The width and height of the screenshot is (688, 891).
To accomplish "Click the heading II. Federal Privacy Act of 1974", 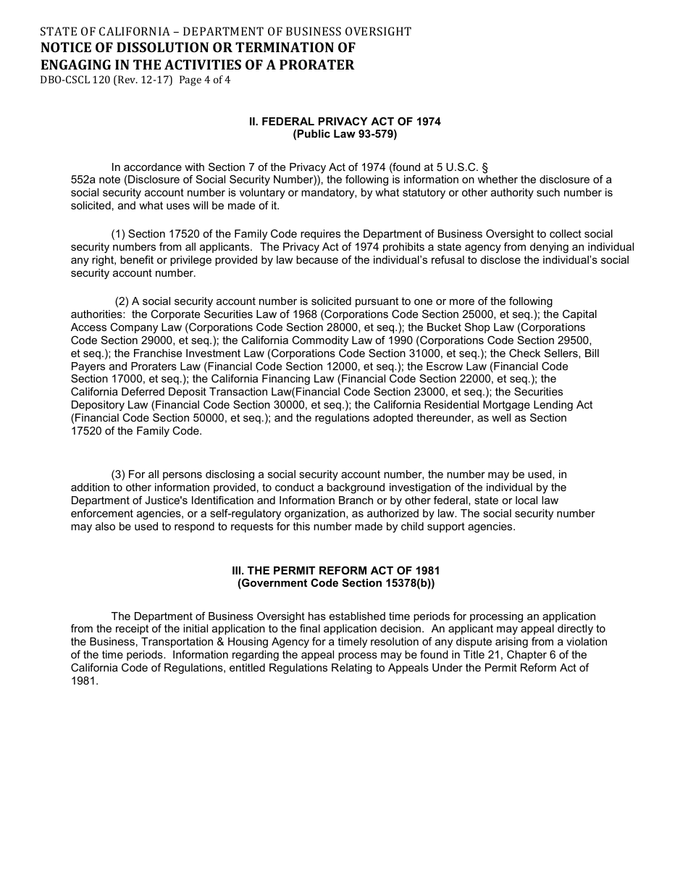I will [345, 122].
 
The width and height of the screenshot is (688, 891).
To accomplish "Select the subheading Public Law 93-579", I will [345, 134].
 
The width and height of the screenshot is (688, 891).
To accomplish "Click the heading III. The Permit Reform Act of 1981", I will [336, 571].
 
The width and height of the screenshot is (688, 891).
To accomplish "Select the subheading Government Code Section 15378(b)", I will [336, 583].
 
